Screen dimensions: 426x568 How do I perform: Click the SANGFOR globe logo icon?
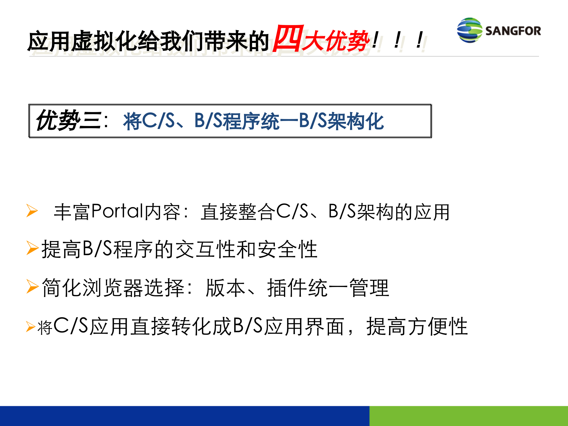click(469, 30)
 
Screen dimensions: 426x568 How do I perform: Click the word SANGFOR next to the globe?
click(513, 31)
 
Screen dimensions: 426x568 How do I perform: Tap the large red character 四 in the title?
click(288, 38)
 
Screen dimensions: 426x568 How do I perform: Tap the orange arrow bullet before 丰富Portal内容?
click(32, 211)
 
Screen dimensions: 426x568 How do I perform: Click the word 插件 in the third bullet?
click(287, 288)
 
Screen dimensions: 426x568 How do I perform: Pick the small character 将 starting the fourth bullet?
click(45, 327)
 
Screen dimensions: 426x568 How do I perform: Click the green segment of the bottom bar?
click(469, 416)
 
